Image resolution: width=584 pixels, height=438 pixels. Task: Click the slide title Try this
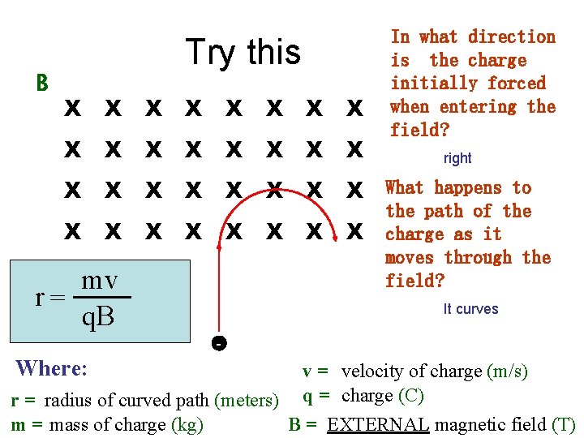tap(243, 53)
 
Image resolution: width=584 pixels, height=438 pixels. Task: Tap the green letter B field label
tap(42, 83)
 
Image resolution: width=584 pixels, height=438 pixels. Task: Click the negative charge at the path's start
tap(217, 343)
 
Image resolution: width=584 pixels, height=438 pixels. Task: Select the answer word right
tap(457, 158)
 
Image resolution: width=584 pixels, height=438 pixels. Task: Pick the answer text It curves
tap(470, 309)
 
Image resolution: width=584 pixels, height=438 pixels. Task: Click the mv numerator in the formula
tap(100, 281)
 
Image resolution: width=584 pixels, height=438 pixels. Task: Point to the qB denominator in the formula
tap(98, 317)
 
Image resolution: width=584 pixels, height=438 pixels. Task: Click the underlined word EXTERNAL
tap(378, 425)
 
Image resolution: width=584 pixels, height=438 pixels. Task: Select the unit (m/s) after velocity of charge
tap(507, 371)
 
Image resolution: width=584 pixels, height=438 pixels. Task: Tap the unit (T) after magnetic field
tap(563, 425)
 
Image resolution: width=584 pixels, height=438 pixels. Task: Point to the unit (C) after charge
tap(410, 396)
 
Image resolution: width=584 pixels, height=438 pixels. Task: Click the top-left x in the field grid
tap(72, 107)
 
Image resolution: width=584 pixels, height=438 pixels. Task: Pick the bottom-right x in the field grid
tap(354, 233)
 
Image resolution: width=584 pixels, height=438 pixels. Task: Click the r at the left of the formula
tap(40, 298)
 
